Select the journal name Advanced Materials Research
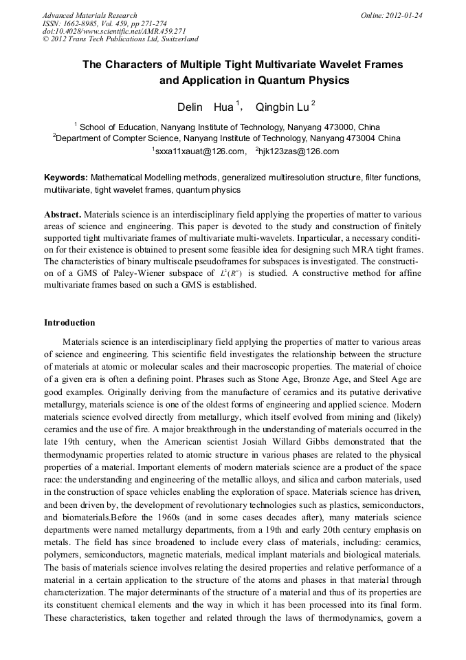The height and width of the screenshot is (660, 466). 89,15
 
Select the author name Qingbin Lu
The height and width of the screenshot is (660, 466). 282,107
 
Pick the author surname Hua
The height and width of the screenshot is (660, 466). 224,107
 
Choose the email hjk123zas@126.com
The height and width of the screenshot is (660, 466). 299,151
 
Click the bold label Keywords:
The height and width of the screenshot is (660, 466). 66,178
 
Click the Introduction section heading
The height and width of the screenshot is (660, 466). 69,322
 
